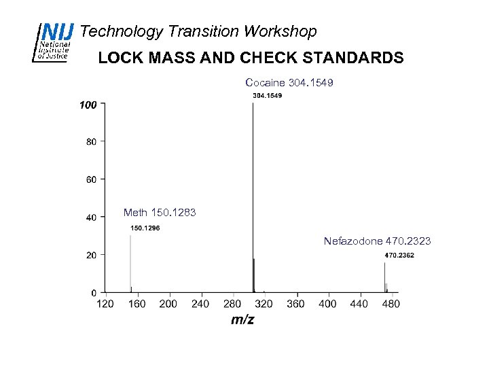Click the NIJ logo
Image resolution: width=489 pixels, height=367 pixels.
pos(53,41)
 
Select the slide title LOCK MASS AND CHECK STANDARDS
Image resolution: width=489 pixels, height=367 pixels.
pos(251,58)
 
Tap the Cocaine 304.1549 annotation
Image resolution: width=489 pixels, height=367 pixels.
pos(289,82)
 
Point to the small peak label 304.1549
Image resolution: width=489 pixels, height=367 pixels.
pos(267,96)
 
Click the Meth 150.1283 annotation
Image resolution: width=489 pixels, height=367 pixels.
pos(160,213)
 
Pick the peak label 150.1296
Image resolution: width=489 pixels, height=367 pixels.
pos(145,228)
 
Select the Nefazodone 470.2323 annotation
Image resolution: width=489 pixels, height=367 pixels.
pos(377,241)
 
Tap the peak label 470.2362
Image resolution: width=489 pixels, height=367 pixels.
pos(399,255)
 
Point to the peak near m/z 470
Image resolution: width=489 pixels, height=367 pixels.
pos(384,279)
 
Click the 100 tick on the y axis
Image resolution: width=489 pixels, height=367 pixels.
pos(88,105)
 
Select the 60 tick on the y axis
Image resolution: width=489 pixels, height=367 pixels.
pos(90,179)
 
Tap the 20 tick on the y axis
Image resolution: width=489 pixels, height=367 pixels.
pos(90,255)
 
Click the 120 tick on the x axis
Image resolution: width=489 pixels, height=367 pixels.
pos(105,304)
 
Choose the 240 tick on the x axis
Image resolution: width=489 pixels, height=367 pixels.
pos(200,304)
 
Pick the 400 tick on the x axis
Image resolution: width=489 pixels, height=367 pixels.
pos(327,304)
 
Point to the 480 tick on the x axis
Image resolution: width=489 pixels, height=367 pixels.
pos(391,304)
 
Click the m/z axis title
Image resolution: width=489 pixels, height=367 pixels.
pos(242,319)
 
